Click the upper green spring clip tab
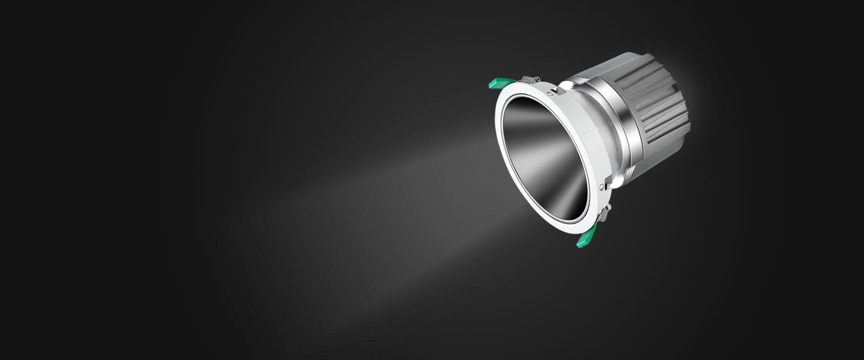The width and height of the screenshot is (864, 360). pyautogui.click(x=501, y=83)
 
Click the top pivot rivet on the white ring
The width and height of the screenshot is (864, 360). pyautogui.click(x=551, y=94)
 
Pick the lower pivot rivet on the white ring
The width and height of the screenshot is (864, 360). pyautogui.click(x=602, y=186)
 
